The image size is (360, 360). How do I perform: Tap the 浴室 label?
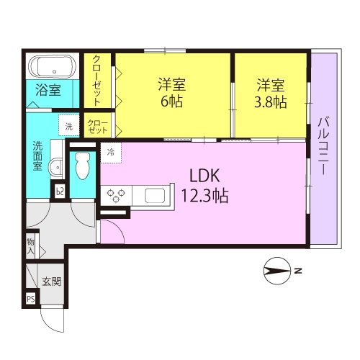[x=48, y=90]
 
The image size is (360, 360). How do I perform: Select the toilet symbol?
[x=82, y=166]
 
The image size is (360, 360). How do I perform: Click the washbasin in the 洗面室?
[x=57, y=167]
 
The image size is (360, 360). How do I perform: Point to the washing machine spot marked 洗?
[x=69, y=126]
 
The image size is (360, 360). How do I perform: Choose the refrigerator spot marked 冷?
[x=111, y=153]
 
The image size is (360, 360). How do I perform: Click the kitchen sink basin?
[x=155, y=195]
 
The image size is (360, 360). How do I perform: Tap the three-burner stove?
[x=116, y=195]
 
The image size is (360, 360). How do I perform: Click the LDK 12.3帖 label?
[x=204, y=186]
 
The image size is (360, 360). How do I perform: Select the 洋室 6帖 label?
[x=172, y=92]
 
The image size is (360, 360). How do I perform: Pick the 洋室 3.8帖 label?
[x=271, y=94]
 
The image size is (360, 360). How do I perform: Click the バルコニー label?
[x=323, y=145]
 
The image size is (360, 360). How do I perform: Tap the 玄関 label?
[x=52, y=282]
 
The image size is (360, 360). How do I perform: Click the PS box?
[x=31, y=299]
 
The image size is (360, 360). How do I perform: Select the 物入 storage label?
[x=30, y=246]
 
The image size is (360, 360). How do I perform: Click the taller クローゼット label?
[x=97, y=81]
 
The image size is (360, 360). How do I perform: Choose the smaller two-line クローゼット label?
[x=97, y=127]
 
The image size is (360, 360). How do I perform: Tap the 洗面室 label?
[x=37, y=156]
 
